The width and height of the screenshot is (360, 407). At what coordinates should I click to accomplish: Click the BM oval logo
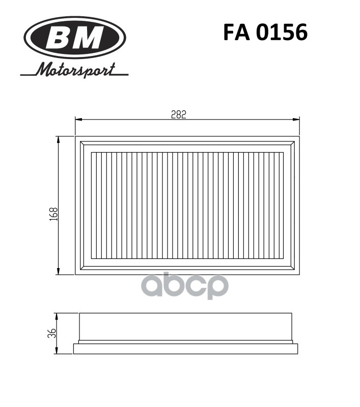tap(74, 38)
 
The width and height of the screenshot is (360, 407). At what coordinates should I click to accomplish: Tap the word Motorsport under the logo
tap(74, 70)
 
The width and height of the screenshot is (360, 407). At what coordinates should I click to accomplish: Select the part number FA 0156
tap(265, 33)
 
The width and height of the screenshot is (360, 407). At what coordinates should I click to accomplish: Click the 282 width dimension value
tap(178, 115)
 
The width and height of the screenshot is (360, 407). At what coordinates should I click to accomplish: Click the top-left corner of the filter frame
tap(76, 137)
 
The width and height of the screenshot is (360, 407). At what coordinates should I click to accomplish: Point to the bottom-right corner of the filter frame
tap(299, 274)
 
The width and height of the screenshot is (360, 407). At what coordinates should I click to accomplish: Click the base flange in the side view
tap(185, 348)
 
